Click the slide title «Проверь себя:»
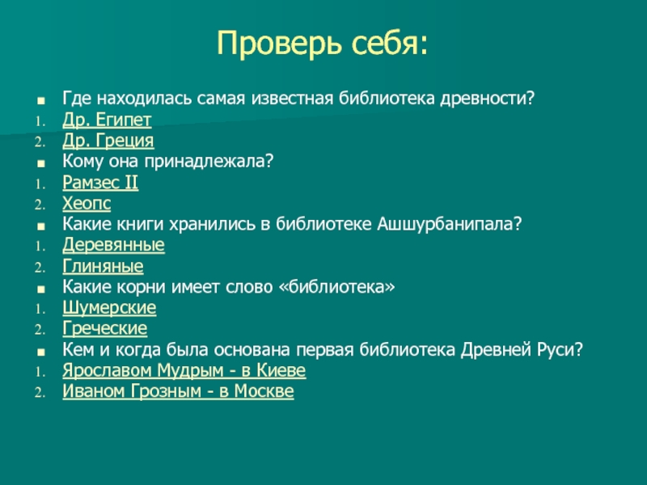322,43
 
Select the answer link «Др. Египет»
107,120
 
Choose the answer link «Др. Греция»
108,141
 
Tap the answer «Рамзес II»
100,183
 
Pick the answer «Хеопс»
87,204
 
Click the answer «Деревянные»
113,245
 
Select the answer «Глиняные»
103,266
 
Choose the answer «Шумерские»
109,308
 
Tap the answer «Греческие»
105,329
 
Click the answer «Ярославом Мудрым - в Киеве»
184,370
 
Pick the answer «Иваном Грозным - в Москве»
178,391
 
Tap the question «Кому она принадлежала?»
168,161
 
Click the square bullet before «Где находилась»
40,100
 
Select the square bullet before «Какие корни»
40,289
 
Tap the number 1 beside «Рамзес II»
40,184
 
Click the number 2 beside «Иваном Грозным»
40,393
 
